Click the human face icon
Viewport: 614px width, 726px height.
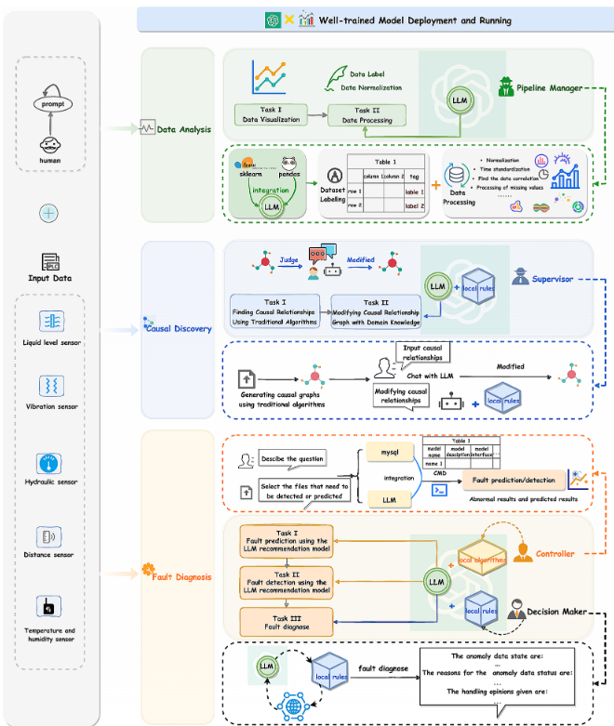51,144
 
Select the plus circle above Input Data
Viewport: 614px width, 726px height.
48,214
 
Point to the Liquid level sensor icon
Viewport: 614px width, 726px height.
50,322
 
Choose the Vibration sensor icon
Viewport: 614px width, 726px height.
50,386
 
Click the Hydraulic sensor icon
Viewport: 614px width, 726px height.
50,465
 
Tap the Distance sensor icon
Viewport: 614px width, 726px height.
50,536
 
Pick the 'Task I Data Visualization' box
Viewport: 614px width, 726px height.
271,114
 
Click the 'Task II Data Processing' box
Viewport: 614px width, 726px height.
369,114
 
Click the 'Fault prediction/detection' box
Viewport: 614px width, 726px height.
514,481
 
